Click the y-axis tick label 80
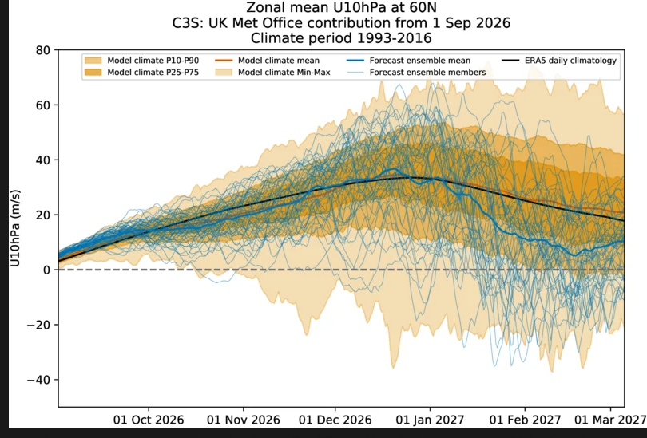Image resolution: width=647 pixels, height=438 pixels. (x=43, y=50)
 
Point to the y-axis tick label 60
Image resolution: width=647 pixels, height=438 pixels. (x=43, y=105)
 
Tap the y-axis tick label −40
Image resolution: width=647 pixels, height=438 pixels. (x=39, y=380)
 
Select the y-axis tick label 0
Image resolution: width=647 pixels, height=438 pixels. (x=47, y=270)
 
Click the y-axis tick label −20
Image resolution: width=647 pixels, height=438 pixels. (x=39, y=325)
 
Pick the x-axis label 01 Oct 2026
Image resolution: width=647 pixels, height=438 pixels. (x=149, y=420)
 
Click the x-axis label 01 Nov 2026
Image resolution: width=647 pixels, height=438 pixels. (x=244, y=420)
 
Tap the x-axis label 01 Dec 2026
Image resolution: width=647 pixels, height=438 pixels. (x=335, y=420)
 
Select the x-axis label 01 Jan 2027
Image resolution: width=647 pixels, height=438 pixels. (x=430, y=420)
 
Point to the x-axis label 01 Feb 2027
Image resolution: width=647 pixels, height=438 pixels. (x=525, y=420)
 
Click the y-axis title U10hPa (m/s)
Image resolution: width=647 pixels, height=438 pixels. (x=15, y=228)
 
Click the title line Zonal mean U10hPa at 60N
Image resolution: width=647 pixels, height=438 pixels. (x=341, y=7)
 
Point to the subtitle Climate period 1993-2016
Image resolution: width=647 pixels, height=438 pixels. (x=341, y=38)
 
